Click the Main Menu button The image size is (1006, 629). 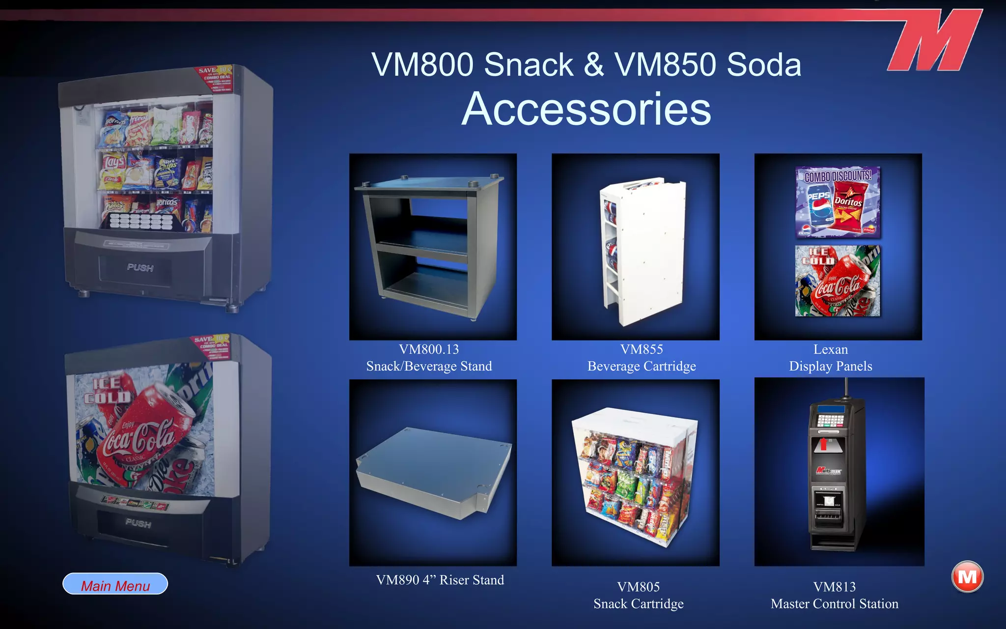click(115, 584)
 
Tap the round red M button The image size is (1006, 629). click(967, 577)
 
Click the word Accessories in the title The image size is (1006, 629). click(586, 109)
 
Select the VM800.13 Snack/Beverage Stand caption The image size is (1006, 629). click(429, 358)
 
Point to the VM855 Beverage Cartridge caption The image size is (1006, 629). click(642, 358)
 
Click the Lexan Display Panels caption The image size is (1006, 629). click(831, 358)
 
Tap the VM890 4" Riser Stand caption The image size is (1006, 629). click(440, 580)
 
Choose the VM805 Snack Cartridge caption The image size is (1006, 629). click(639, 595)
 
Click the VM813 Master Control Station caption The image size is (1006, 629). click(835, 595)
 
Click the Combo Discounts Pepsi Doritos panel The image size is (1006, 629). click(838, 202)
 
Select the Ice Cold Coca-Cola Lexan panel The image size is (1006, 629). click(838, 281)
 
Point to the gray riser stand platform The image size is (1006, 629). click(432, 472)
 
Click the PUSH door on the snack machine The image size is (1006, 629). click(140, 268)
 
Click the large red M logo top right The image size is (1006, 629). click(936, 41)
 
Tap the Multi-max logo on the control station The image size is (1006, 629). click(829, 471)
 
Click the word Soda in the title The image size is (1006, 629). click(764, 65)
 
